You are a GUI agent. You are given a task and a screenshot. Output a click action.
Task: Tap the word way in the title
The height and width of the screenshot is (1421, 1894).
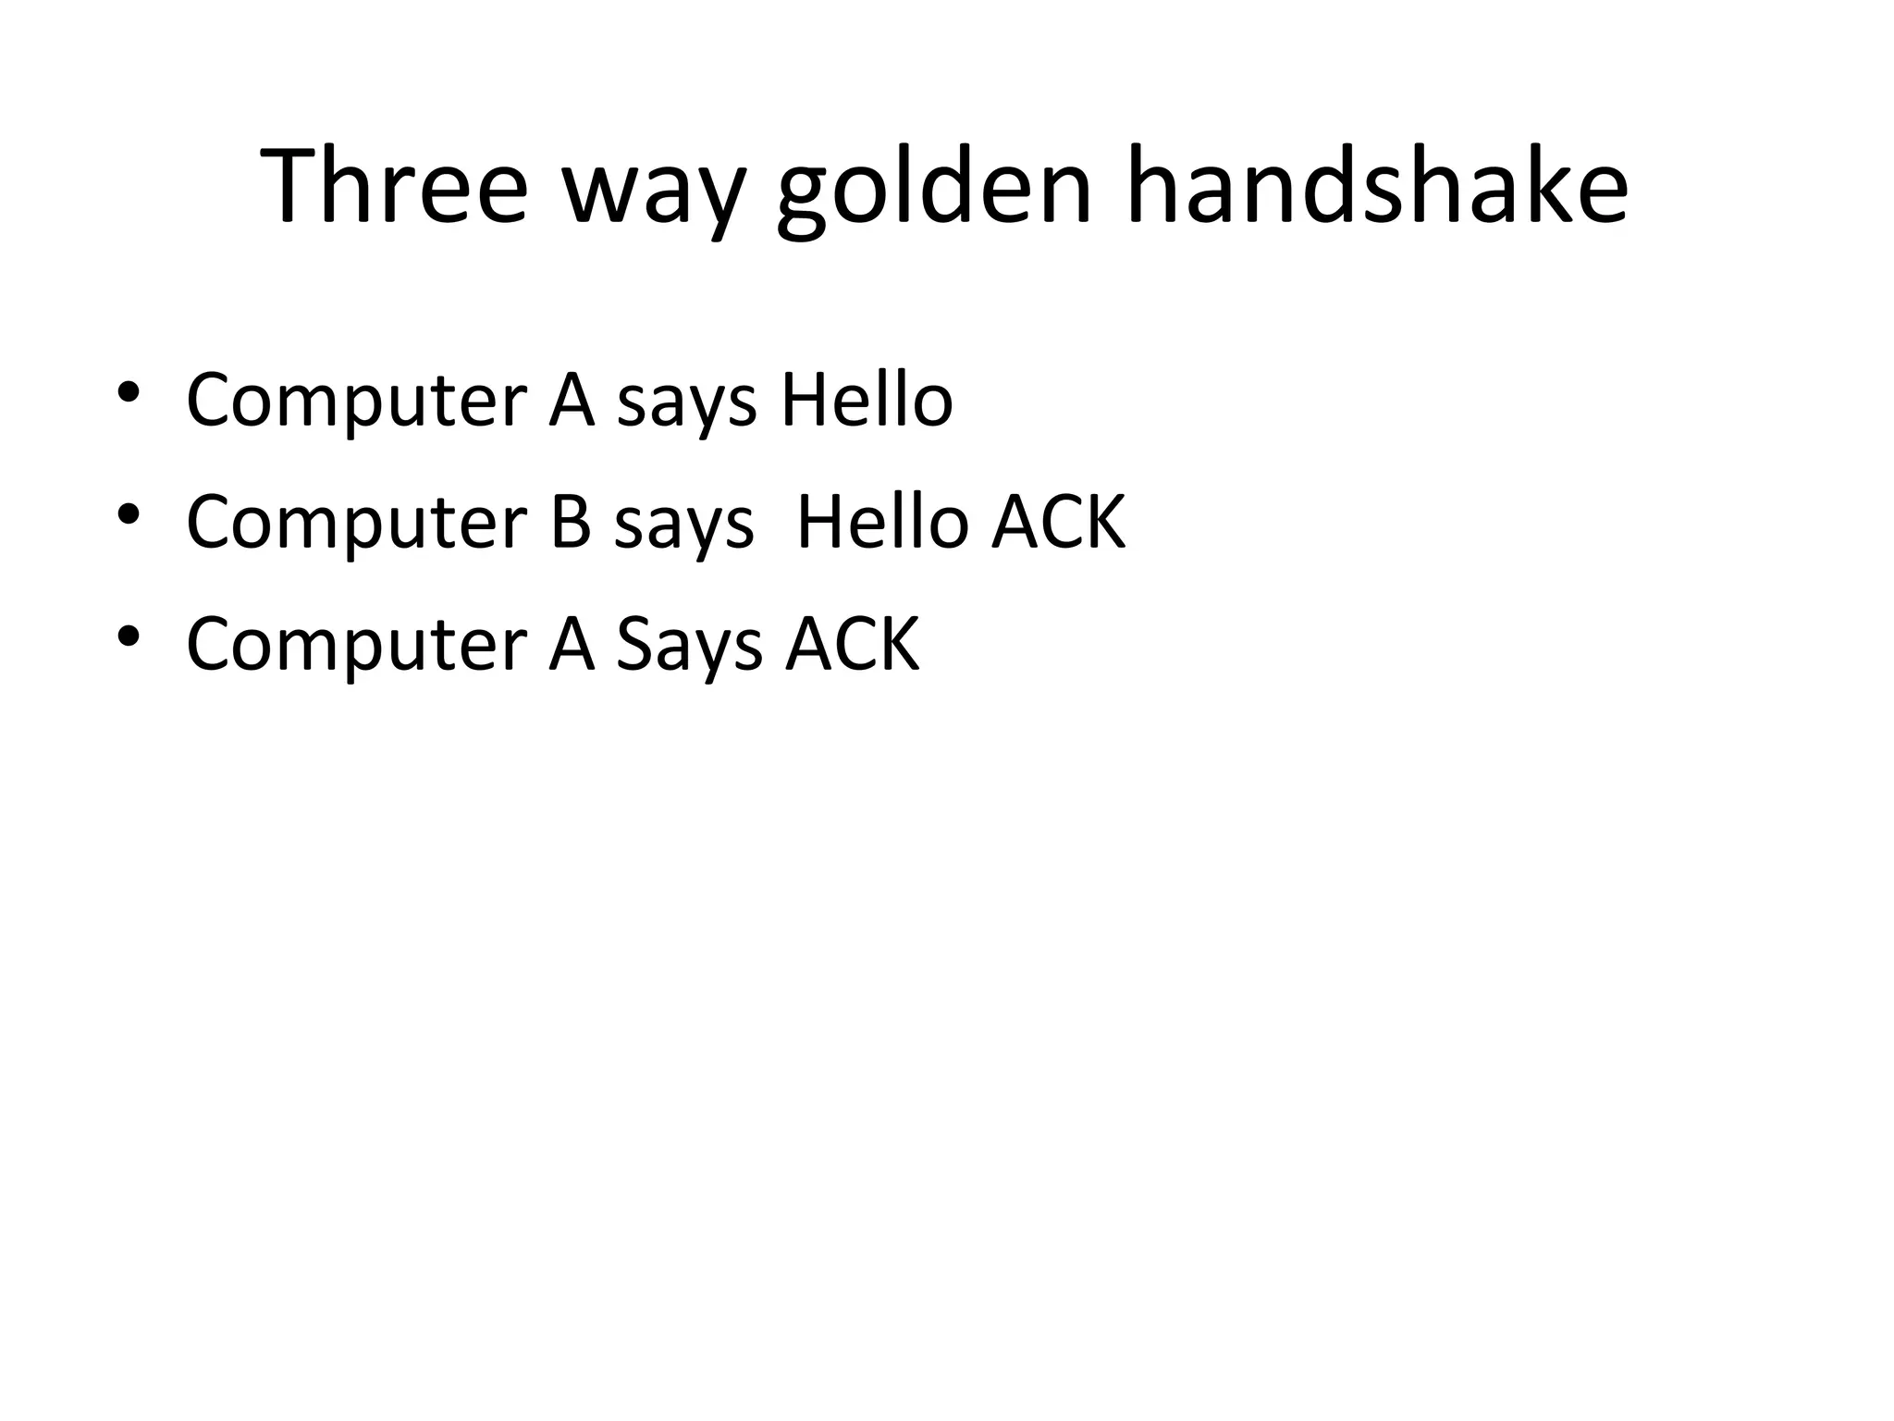tap(654, 194)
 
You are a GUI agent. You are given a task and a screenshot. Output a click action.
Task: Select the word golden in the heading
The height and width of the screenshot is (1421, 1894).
tap(935, 190)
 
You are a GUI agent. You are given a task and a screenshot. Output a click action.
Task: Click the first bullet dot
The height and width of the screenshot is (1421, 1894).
tap(129, 392)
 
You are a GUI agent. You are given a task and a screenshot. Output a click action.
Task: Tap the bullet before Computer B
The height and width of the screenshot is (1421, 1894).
tap(129, 514)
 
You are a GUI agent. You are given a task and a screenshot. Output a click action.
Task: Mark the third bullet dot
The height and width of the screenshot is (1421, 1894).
tap(129, 636)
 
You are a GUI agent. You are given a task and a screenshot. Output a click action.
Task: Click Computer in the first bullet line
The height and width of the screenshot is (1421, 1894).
tap(356, 402)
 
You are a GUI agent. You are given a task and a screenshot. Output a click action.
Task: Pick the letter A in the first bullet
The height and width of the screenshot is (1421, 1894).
tap(572, 400)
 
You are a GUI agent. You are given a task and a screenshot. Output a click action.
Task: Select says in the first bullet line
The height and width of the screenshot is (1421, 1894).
tap(686, 407)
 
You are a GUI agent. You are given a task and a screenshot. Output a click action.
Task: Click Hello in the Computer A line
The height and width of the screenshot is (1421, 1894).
tap(867, 400)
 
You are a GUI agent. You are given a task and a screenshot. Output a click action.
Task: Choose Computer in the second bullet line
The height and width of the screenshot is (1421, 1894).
tap(356, 524)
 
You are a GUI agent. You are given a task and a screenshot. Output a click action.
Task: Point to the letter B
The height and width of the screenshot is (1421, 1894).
tap(571, 522)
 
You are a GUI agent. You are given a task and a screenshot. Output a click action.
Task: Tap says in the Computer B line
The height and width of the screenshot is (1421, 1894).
tap(684, 529)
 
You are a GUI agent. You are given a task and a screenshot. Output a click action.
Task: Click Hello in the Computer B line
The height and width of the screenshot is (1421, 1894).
tap(881, 522)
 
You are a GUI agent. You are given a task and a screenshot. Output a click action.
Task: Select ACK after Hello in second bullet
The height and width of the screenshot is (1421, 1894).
tap(1059, 522)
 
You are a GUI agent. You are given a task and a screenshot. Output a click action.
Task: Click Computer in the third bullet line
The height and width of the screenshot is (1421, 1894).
tap(356, 646)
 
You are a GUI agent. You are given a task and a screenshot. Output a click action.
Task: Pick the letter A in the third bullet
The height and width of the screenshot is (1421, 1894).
tap(572, 644)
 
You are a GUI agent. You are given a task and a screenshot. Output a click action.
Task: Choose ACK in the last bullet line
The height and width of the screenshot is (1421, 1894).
tap(853, 644)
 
